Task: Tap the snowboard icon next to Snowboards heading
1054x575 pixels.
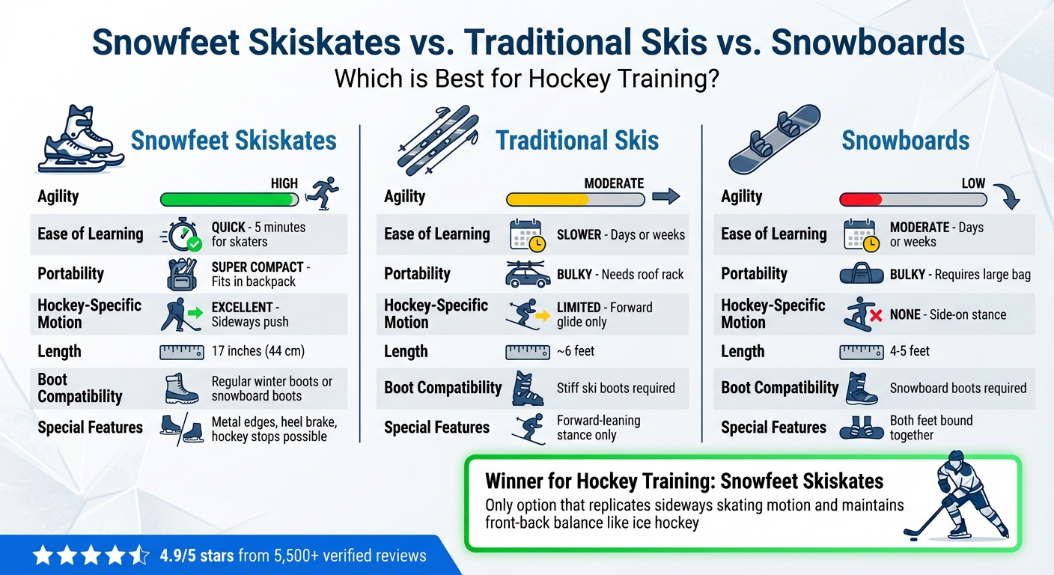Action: [x=774, y=139]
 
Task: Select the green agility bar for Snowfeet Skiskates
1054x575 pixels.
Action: [x=226, y=200]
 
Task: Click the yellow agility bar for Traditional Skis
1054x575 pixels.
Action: [x=547, y=200]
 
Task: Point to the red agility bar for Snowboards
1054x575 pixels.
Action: [x=861, y=200]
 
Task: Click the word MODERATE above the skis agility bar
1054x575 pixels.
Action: [x=613, y=183]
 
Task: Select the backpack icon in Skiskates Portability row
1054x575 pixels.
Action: [x=180, y=274]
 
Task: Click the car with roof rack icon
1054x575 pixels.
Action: [x=528, y=274]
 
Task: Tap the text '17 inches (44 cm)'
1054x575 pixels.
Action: [x=258, y=351]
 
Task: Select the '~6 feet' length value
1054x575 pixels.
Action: [x=576, y=351]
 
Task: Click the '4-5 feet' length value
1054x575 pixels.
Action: [x=910, y=351]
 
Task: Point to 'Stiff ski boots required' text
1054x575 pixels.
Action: [x=615, y=388]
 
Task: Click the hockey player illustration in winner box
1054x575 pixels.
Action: [x=958, y=494]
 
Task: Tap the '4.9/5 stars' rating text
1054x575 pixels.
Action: [x=198, y=556]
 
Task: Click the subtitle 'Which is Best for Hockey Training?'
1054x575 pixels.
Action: [x=526, y=79]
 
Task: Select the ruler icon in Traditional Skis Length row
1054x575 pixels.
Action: [x=527, y=351]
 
